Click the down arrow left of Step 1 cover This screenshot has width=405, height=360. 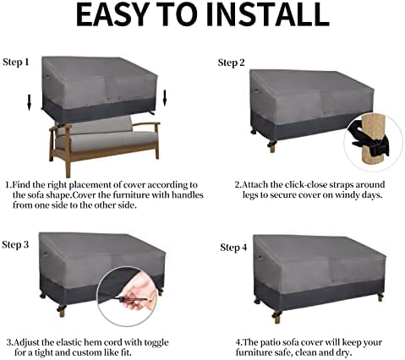coord(30,103)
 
